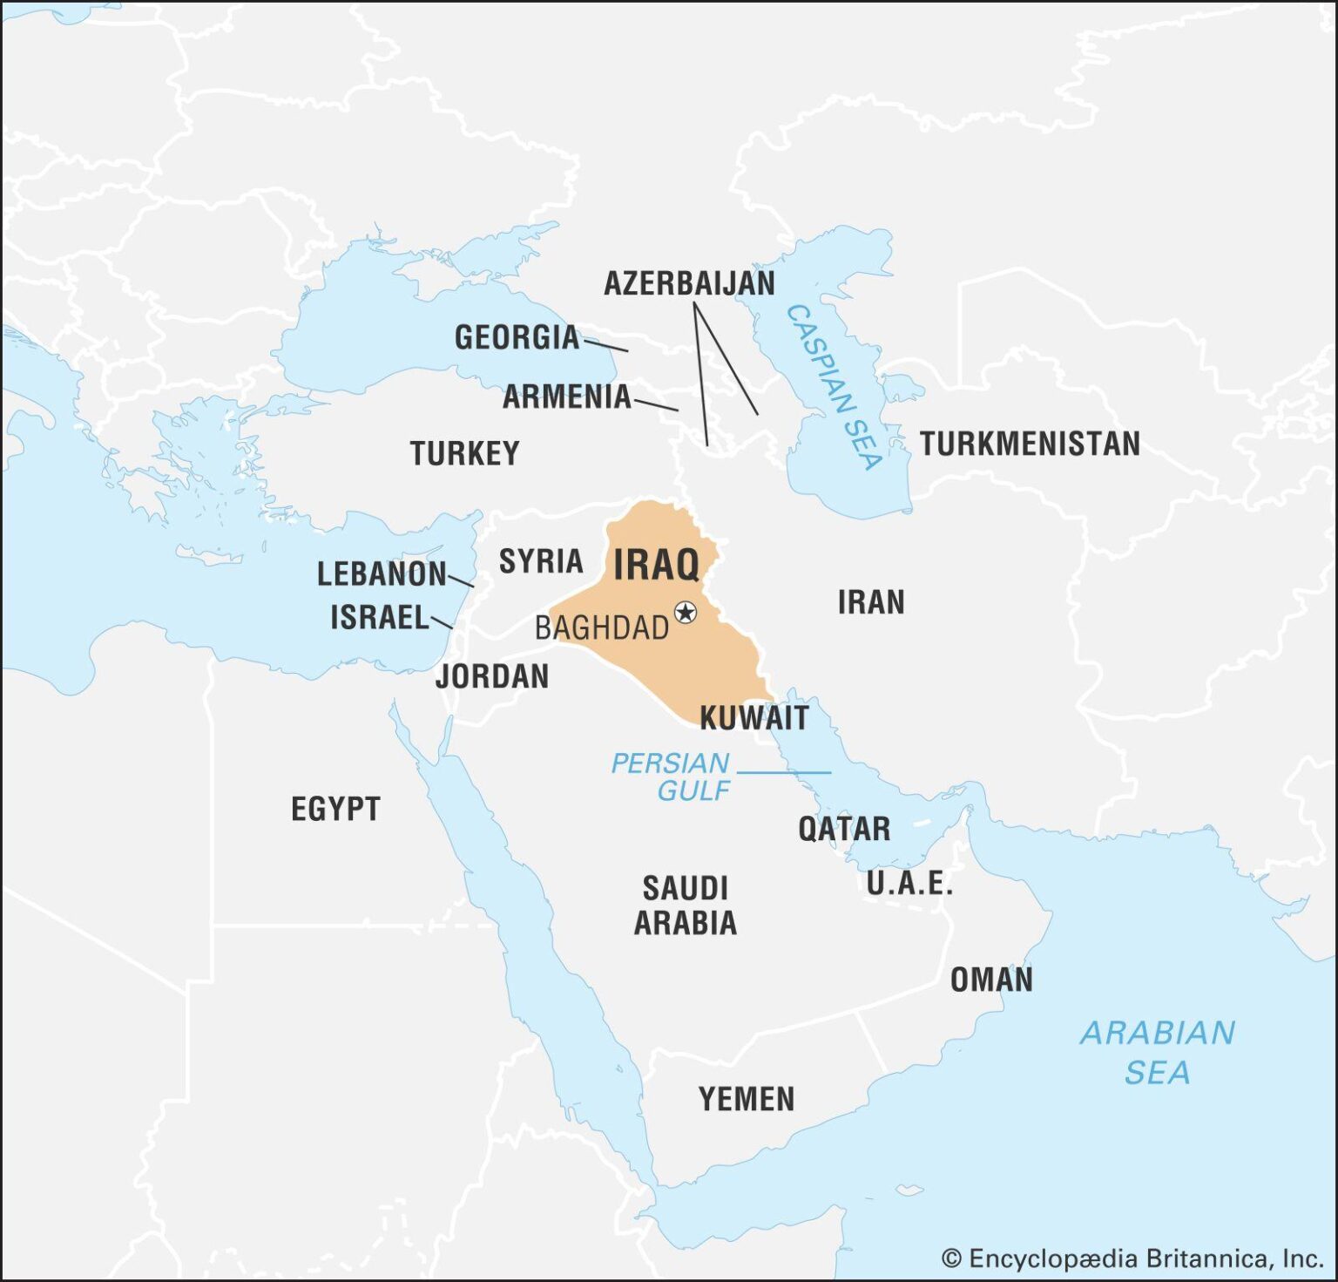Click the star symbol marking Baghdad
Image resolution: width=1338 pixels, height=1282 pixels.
686,613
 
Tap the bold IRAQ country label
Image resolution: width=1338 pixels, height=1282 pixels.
657,565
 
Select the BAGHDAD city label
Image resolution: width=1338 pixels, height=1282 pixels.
601,627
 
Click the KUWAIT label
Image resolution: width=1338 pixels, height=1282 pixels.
754,718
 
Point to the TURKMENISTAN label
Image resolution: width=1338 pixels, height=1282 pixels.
1030,444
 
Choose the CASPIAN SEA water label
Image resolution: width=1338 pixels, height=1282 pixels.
835,386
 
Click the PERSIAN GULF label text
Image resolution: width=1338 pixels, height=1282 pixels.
671,777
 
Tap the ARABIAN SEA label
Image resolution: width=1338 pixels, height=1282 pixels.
1157,1052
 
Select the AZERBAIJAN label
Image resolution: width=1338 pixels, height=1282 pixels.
689,283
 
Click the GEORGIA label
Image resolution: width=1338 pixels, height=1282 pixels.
517,337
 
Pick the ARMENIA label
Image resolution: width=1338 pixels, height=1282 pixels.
566,397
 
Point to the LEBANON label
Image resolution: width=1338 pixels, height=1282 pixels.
382,574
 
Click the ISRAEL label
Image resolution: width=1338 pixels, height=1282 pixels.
380,618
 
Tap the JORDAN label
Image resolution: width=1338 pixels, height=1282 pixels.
492,676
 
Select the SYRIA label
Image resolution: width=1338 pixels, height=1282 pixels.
540,561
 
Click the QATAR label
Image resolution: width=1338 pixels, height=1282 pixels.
844,829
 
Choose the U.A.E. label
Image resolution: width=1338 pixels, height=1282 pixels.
909,884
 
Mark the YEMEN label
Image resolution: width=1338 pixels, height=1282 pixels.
747,1099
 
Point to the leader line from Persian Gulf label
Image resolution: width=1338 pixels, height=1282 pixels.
784,772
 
